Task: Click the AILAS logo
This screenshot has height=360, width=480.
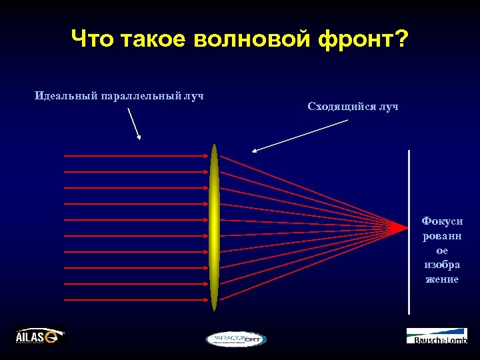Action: [40, 337]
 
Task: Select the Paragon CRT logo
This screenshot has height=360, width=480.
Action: [235, 339]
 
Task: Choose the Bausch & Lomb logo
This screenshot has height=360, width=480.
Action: [437, 336]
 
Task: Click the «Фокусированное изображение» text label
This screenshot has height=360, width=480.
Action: [442, 250]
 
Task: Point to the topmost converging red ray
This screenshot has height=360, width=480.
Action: [300, 189]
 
